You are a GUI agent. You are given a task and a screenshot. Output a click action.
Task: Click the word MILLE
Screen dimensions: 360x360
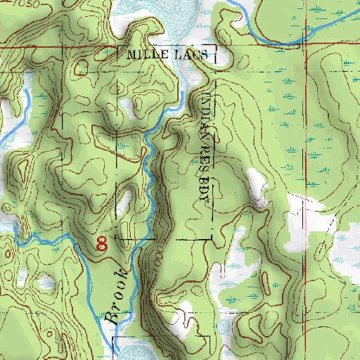pyautogui.click(x=143, y=54)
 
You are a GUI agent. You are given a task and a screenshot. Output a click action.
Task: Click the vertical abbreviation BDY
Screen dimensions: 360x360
pyautogui.click(x=205, y=186)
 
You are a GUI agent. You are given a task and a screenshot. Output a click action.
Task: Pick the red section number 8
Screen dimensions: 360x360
pyautogui.click(x=103, y=244)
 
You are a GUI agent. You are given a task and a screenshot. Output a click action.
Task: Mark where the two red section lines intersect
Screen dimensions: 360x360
pyautogui.click(x=306, y=47)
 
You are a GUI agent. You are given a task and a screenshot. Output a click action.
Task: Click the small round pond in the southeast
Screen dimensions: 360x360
pyautogui.click(x=224, y=327)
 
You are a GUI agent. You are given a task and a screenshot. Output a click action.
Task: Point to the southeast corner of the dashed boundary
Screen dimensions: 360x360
pyautogui.click(x=210, y=238)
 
